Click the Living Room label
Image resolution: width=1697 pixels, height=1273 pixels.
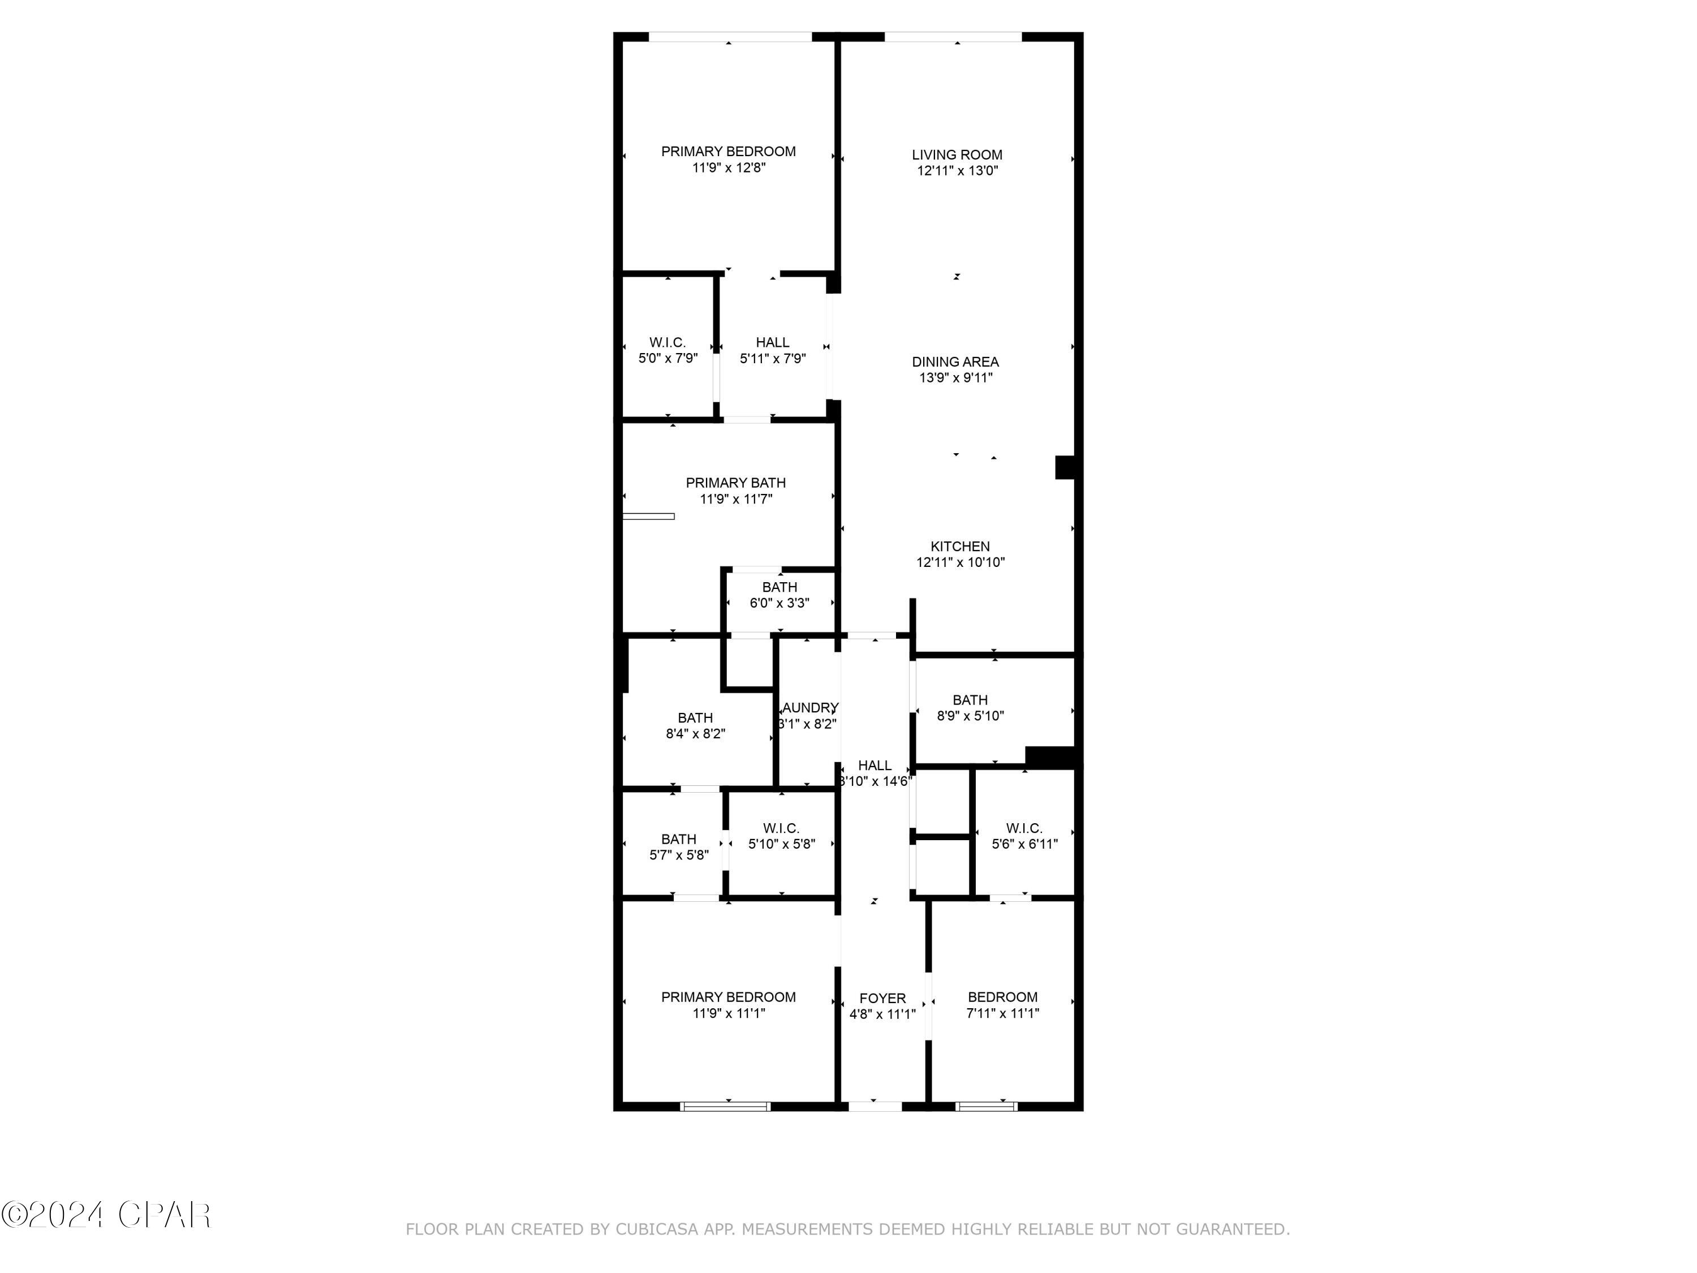click(957, 155)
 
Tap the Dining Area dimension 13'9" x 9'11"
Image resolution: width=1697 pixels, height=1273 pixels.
click(956, 377)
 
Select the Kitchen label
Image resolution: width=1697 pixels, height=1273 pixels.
click(960, 547)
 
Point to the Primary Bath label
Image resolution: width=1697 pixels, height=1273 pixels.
click(735, 483)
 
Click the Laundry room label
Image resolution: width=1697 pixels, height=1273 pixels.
click(808, 707)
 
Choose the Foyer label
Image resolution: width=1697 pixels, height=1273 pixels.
click(882, 998)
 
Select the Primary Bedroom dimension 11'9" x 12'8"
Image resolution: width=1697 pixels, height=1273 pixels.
click(729, 168)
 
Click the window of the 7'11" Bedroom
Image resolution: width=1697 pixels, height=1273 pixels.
click(986, 1106)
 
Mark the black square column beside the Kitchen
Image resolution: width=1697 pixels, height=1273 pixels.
click(1064, 467)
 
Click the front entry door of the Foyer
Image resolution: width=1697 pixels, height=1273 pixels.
click(875, 1106)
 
